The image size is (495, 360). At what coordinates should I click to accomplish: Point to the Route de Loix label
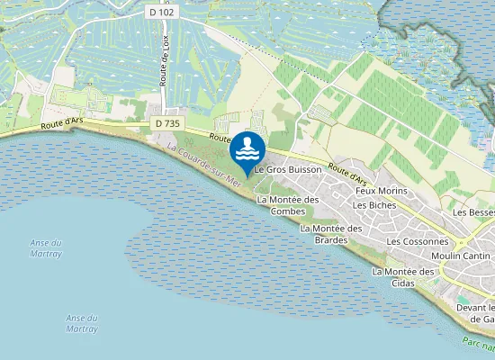click(165, 73)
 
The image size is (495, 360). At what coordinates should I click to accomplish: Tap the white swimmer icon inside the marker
click(247, 147)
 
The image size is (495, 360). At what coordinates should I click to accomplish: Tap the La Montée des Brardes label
click(330, 234)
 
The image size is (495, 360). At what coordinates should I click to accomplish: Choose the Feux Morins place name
click(382, 191)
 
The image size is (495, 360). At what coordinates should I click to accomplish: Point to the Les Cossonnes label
click(417, 242)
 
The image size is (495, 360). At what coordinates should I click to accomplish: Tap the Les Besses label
click(474, 212)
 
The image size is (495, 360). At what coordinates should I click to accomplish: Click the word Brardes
click(330, 239)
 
